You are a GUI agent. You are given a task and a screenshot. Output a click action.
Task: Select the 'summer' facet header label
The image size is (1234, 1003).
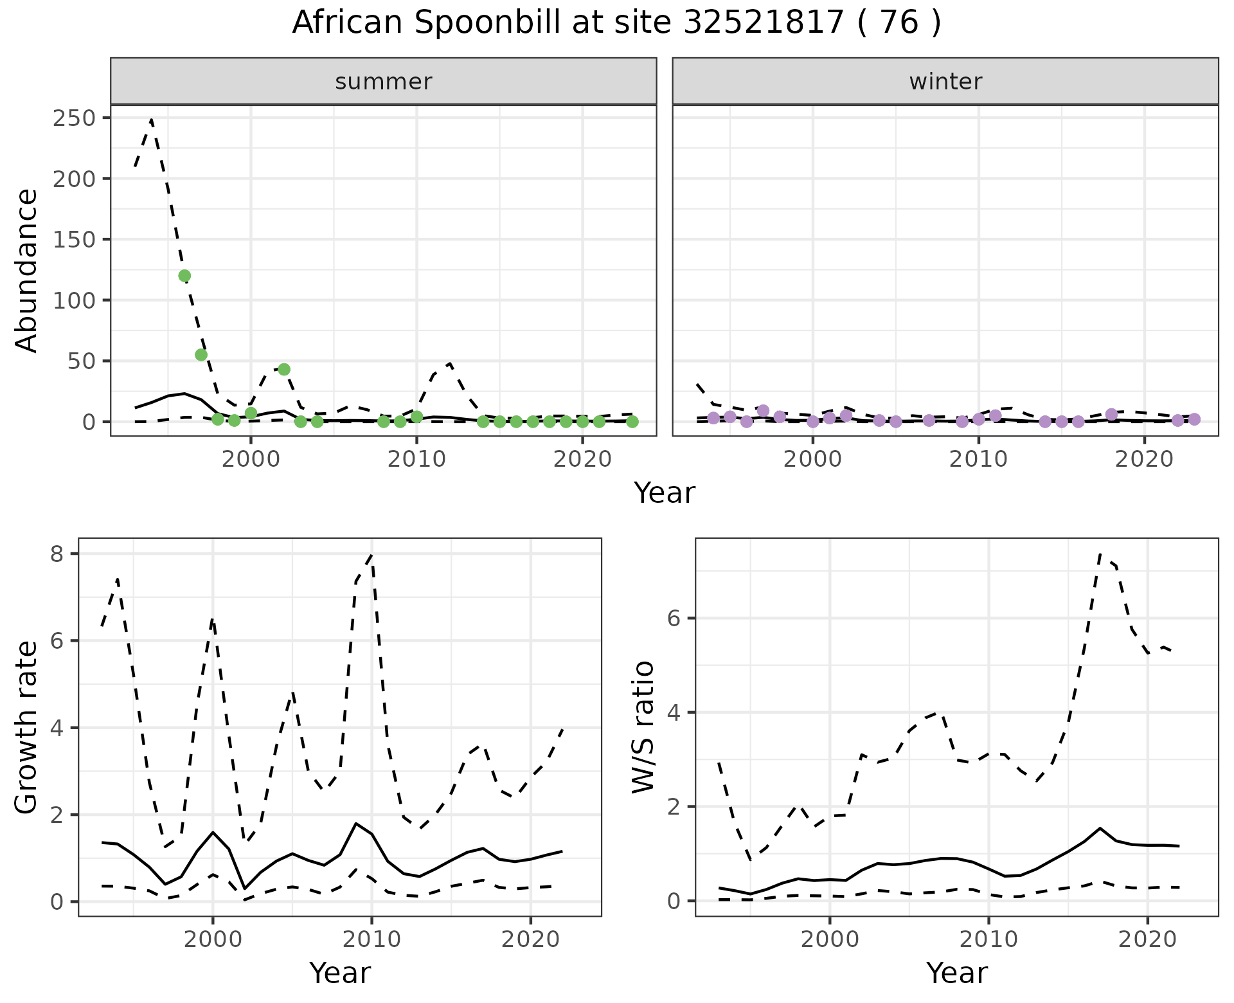[384, 82]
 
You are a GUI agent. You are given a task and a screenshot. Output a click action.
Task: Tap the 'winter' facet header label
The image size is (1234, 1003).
[945, 82]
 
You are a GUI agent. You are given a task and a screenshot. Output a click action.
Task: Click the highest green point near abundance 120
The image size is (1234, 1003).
[184, 276]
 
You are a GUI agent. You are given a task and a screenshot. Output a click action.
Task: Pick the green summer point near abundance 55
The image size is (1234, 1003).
[201, 355]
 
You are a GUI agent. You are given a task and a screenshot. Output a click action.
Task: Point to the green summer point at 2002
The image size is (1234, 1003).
[284, 369]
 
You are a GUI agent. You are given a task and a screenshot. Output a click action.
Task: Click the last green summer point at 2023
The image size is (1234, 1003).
[632, 422]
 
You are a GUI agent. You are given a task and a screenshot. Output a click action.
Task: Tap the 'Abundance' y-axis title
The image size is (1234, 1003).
[27, 270]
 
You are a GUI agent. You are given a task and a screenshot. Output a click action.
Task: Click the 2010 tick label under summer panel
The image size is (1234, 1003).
[416, 459]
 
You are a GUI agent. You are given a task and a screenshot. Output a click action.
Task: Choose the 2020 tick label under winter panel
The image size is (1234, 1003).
[1143, 459]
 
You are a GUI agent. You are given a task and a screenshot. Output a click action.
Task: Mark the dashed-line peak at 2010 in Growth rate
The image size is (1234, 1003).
[371, 554]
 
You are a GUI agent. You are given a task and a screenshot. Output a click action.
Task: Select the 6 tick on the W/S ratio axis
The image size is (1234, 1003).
[674, 619]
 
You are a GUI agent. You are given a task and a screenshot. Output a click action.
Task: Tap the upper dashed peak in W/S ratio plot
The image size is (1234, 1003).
[1100, 554]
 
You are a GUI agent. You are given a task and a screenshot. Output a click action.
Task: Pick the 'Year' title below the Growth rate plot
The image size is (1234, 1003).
[340, 973]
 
